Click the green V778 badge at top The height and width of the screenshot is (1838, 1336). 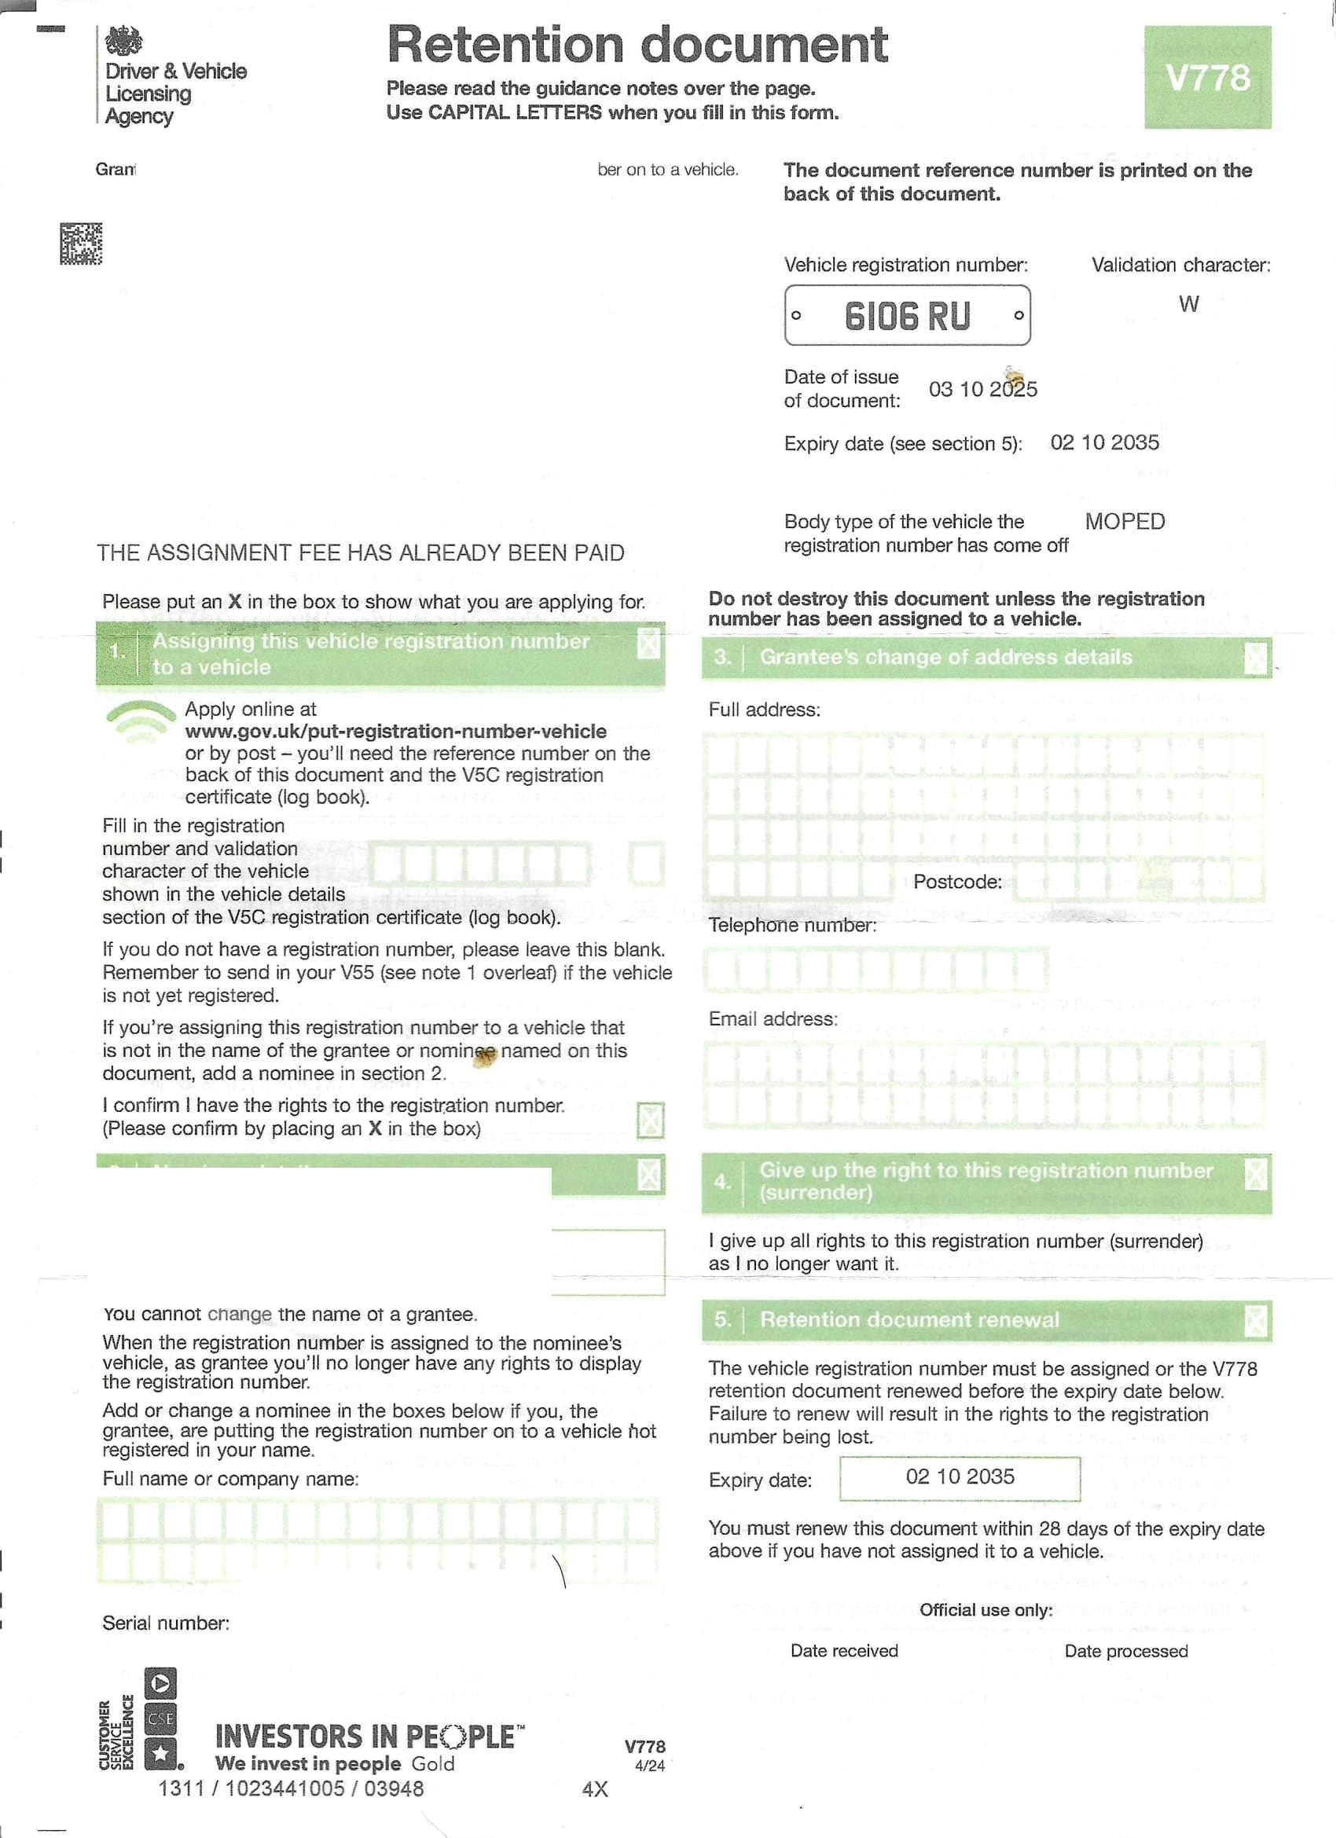click(x=1207, y=77)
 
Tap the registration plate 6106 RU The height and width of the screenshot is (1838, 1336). click(x=906, y=315)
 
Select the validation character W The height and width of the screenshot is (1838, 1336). click(x=1188, y=304)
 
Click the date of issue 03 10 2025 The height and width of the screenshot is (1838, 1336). click(x=982, y=389)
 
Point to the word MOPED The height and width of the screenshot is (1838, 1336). click(x=1125, y=521)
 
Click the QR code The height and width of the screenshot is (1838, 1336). click(x=81, y=243)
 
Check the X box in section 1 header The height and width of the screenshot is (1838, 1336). click(x=648, y=645)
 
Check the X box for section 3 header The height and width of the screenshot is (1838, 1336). click(x=1255, y=658)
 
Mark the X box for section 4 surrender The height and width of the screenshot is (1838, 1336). click(x=1255, y=1174)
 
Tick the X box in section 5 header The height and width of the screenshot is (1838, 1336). click(x=1255, y=1320)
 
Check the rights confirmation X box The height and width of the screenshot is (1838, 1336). click(x=650, y=1120)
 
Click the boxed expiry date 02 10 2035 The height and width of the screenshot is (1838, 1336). click(x=960, y=1477)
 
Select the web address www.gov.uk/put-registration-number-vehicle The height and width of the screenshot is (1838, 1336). click(x=395, y=731)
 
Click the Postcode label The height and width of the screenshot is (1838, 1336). click(x=956, y=882)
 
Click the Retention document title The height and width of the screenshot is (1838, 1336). click(x=637, y=45)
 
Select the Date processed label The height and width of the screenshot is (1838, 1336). click(x=1126, y=1651)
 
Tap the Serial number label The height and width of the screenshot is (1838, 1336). click(x=165, y=1623)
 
